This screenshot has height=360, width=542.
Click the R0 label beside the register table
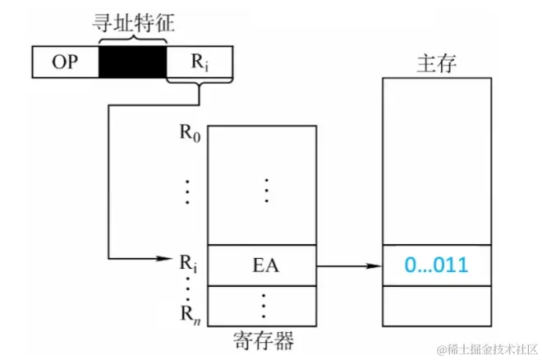[190, 131]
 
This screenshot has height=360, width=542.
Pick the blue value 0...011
[437, 265]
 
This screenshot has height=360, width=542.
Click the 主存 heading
[436, 64]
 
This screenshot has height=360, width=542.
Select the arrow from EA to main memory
[349, 265]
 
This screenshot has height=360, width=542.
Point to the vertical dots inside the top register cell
[265, 189]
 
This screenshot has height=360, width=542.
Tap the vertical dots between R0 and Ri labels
[188, 191]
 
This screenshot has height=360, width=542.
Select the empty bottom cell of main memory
[437, 306]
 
